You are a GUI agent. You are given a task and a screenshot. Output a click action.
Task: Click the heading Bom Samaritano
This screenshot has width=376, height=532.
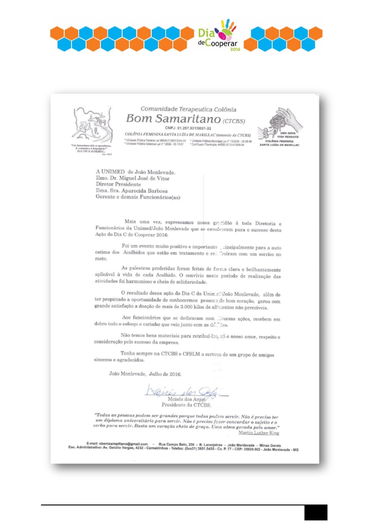point(173,119)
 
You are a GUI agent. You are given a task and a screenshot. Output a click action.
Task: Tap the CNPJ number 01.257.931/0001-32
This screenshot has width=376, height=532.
point(193,128)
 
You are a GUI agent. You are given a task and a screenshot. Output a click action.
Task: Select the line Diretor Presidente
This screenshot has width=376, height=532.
point(118,184)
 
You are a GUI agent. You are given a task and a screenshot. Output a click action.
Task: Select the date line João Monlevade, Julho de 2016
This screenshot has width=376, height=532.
point(145,374)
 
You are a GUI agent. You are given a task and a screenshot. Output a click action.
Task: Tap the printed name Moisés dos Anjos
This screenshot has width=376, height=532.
point(186,399)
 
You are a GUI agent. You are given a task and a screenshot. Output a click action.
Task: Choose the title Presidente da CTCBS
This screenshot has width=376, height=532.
point(186,405)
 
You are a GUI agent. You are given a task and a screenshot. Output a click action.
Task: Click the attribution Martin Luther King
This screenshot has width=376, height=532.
point(258,433)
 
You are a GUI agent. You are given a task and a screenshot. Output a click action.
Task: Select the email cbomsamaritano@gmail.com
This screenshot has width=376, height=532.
point(123,444)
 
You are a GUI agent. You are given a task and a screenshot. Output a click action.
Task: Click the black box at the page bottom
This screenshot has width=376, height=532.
point(316,512)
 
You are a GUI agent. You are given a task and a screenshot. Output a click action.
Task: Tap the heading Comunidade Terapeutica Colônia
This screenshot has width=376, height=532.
point(188,109)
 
